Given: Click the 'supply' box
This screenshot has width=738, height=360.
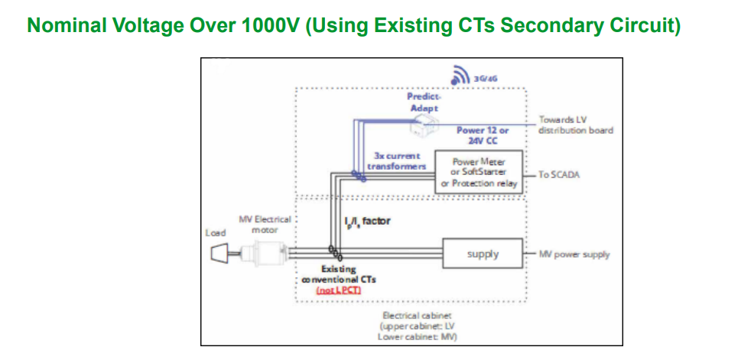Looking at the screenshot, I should point(483,254).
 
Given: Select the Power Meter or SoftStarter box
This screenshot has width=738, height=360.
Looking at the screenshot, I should point(479,173).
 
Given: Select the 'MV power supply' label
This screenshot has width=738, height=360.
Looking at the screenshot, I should point(574,255).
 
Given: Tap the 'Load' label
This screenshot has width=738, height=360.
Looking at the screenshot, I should point(216,232).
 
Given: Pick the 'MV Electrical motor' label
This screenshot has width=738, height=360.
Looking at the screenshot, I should point(265,224).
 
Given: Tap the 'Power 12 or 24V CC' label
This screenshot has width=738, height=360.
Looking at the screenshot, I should point(483,135).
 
